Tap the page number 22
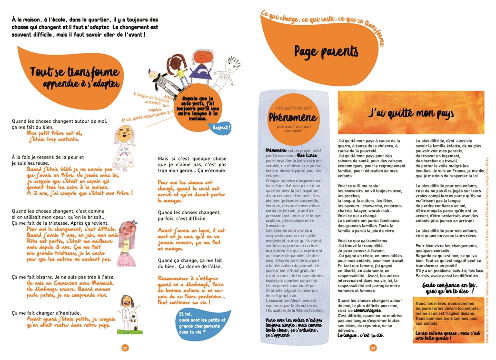[x=125, y=348]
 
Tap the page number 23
[x=372, y=348]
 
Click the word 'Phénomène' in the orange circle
[x=290, y=117]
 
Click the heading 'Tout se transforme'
[x=74, y=72]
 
